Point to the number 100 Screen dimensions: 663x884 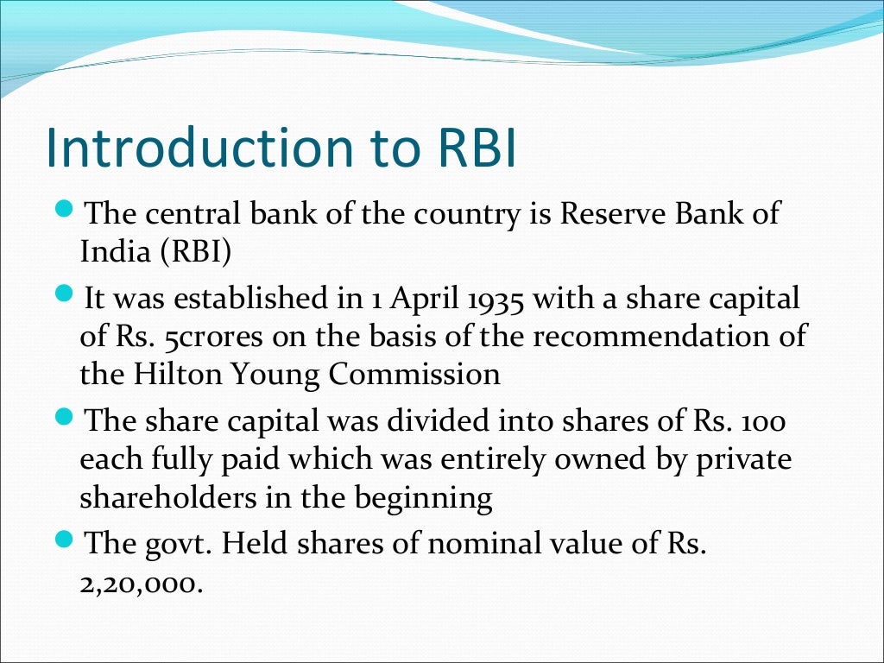point(763,423)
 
